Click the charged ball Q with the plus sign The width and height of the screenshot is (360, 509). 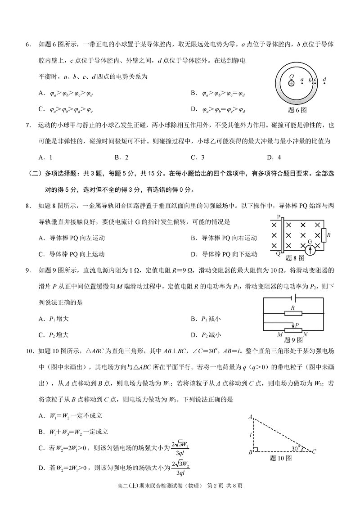[292, 83]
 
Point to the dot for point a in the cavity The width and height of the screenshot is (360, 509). [302, 84]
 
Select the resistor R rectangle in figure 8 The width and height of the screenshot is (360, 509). [322, 235]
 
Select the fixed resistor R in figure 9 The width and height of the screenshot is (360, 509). [293, 313]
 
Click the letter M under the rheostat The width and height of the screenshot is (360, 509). [279, 334]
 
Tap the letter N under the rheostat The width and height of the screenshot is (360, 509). [306, 334]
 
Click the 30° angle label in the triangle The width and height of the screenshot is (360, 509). [294, 448]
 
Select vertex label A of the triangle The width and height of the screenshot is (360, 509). [250, 417]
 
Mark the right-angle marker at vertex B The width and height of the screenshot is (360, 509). [255, 449]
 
